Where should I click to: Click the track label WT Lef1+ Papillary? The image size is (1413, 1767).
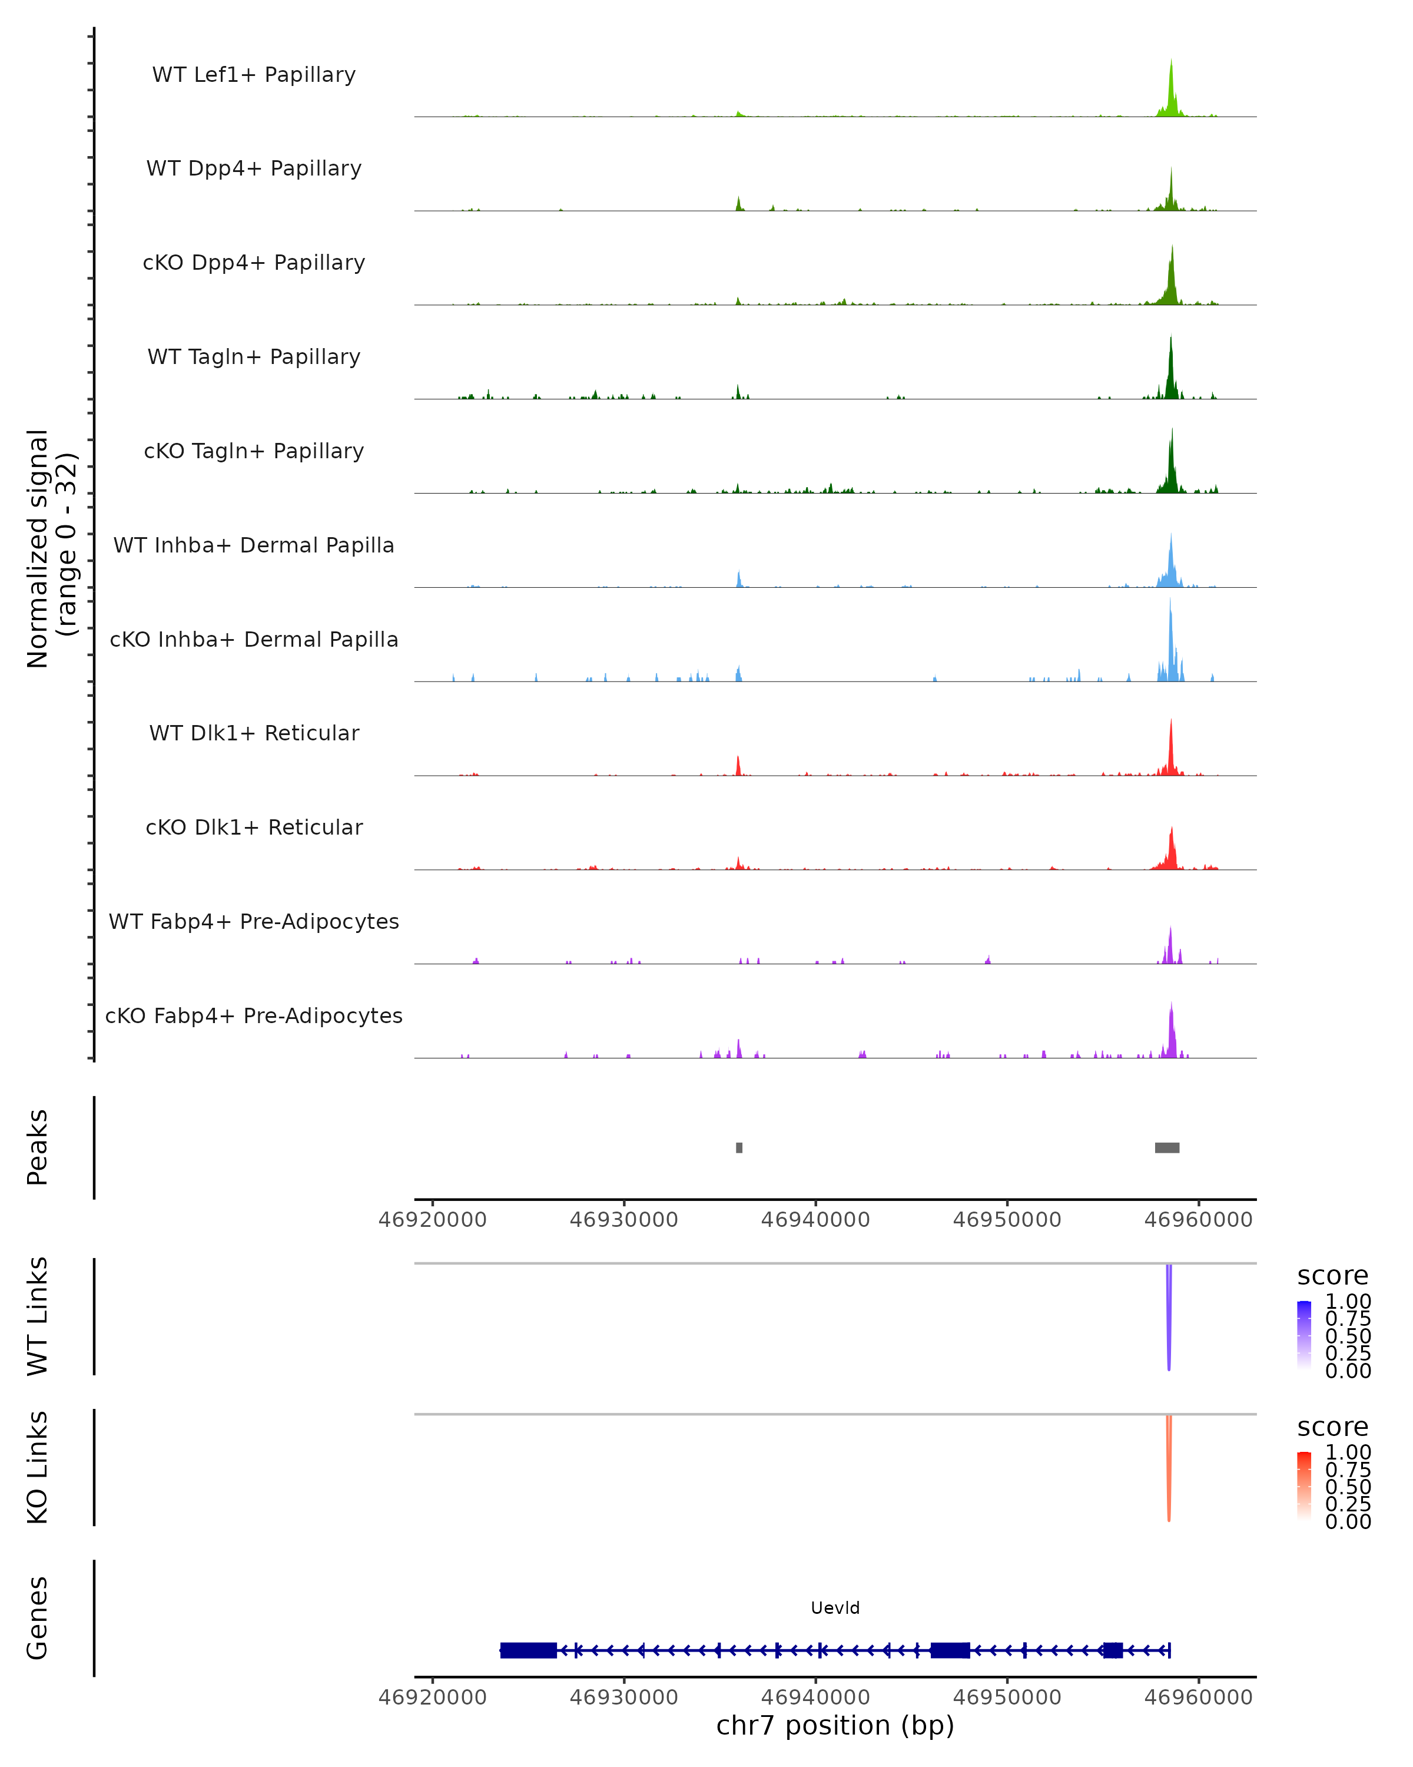tap(254, 75)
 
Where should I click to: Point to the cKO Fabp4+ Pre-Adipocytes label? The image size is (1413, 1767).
tap(254, 1015)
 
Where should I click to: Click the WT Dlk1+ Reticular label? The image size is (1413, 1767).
tap(254, 733)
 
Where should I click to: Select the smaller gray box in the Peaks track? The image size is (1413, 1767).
tap(739, 1147)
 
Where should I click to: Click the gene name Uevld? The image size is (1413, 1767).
tap(835, 1608)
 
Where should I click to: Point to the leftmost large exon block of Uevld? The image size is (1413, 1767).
tap(528, 1650)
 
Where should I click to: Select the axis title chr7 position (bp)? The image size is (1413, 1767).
tap(835, 1726)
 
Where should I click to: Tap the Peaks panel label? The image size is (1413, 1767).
tap(38, 1147)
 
